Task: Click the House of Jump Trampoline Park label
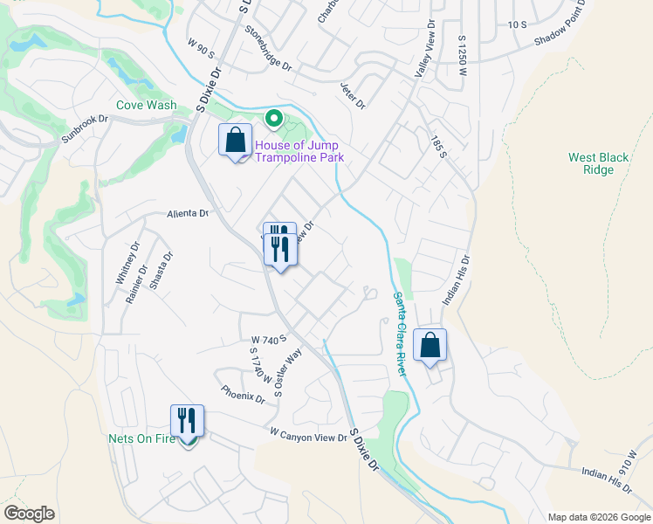[299, 151]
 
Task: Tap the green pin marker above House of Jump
[273, 117]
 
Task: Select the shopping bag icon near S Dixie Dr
[235, 140]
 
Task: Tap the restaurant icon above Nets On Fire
[187, 420]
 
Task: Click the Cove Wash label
[147, 105]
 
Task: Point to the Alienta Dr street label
[189, 213]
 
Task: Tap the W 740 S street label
[269, 339]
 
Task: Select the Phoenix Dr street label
[243, 395]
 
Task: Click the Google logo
[29, 514]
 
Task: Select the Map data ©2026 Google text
[598, 516]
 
